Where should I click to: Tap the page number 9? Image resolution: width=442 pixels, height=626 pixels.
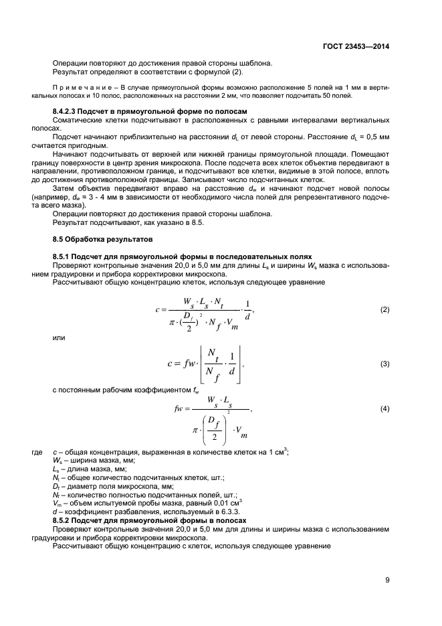point(387,580)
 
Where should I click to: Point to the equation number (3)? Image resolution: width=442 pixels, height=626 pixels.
point(384,364)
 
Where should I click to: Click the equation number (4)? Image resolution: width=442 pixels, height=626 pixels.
point(384,408)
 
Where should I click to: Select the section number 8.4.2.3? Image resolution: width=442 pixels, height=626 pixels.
point(67,110)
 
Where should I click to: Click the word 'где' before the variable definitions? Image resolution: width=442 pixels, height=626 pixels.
point(37,452)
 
